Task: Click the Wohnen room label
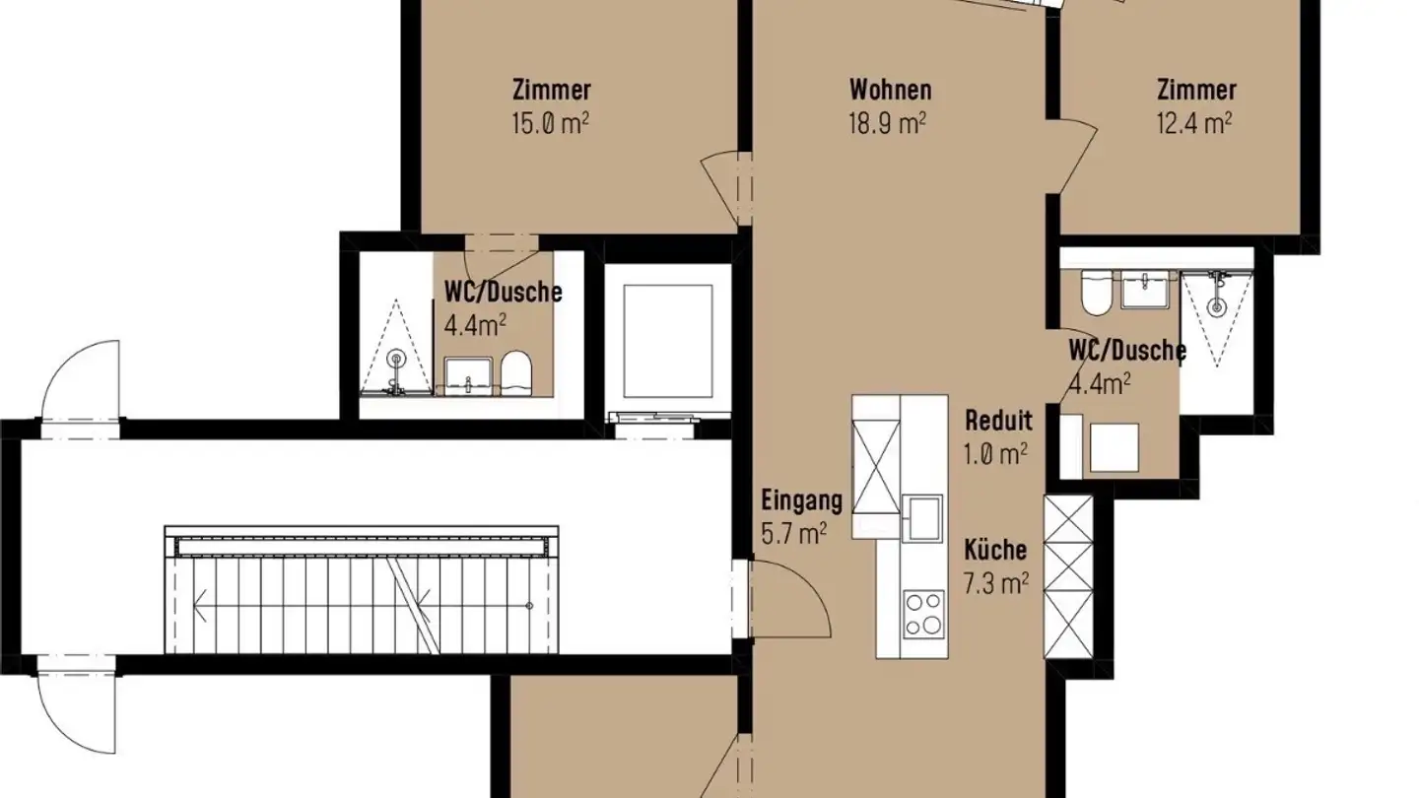[x=890, y=91]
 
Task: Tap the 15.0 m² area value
[x=551, y=123]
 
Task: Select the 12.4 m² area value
[x=1194, y=123]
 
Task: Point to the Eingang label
[x=802, y=500]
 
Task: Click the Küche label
[x=995, y=550]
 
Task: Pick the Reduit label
[x=999, y=422]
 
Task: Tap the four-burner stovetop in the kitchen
[x=924, y=614]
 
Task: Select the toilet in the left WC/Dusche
[x=516, y=375]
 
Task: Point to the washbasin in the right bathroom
[x=1144, y=292]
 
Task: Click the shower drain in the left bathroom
[x=396, y=357]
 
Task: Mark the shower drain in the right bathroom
[x=1217, y=306]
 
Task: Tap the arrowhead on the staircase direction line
[x=200, y=605]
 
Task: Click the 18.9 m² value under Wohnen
[x=890, y=123]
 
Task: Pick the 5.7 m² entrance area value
[x=793, y=533]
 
